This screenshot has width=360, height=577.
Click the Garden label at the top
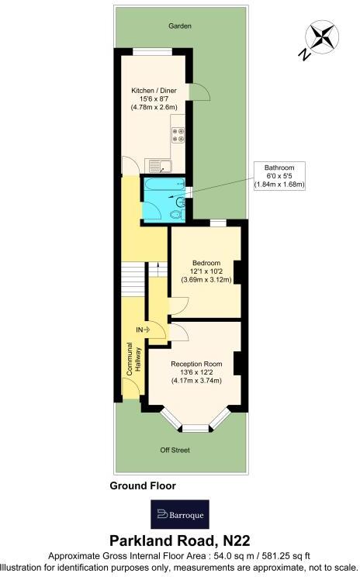click(x=180, y=26)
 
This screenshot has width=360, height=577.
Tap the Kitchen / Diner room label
click(x=154, y=91)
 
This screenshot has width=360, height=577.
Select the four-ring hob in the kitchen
click(x=178, y=135)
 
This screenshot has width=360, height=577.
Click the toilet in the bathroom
click(x=176, y=214)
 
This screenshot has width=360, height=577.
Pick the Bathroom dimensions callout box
click(x=279, y=176)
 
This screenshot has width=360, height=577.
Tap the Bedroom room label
click(x=206, y=263)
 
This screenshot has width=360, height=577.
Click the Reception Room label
click(x=196, y=364)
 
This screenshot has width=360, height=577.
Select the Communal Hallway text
click(x=134, y=359)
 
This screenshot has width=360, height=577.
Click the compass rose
click(x=322, y=36)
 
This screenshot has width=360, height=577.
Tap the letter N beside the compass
click(x=304, y=55)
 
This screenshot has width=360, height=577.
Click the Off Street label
click(x=175, y=450)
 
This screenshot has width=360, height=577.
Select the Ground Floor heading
click(x=143, y=485)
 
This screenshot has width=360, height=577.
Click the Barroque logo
click(x=180, y=514)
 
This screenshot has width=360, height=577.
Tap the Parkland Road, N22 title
click(x=180, y=541)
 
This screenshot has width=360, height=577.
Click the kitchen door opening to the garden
click(x=199, y=92)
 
